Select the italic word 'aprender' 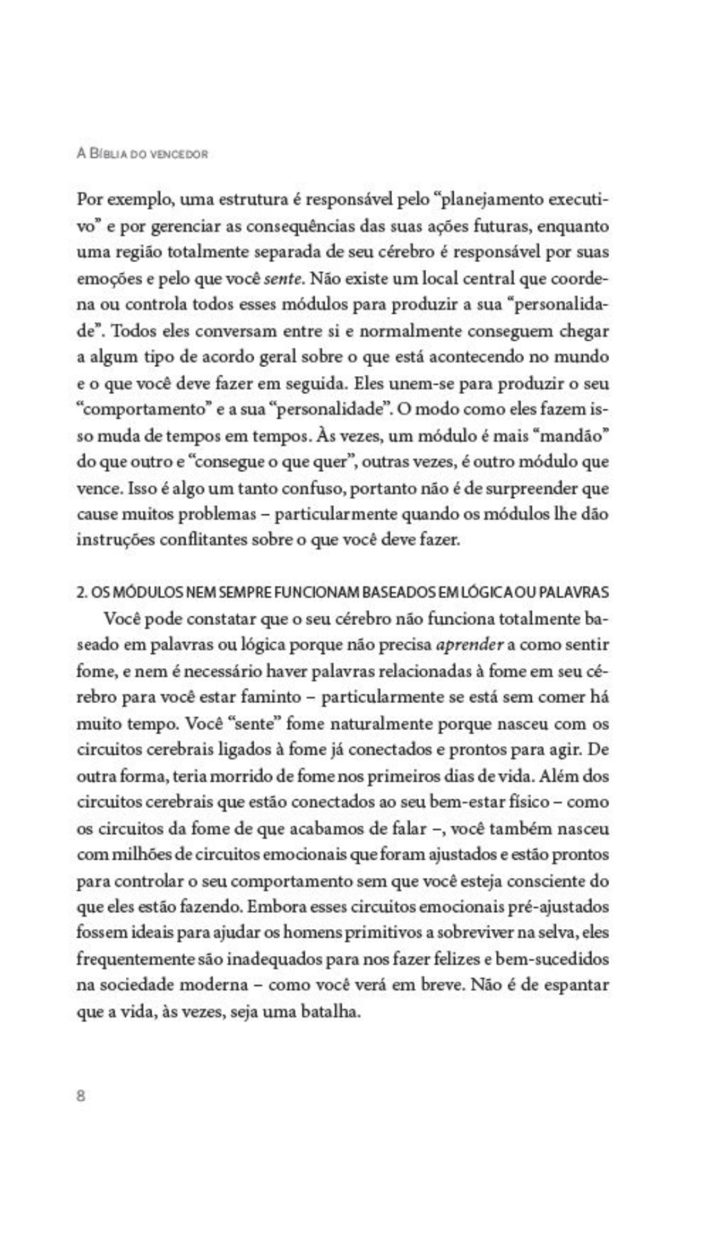(x=469, y=645)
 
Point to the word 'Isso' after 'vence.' (x=142, y=489)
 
